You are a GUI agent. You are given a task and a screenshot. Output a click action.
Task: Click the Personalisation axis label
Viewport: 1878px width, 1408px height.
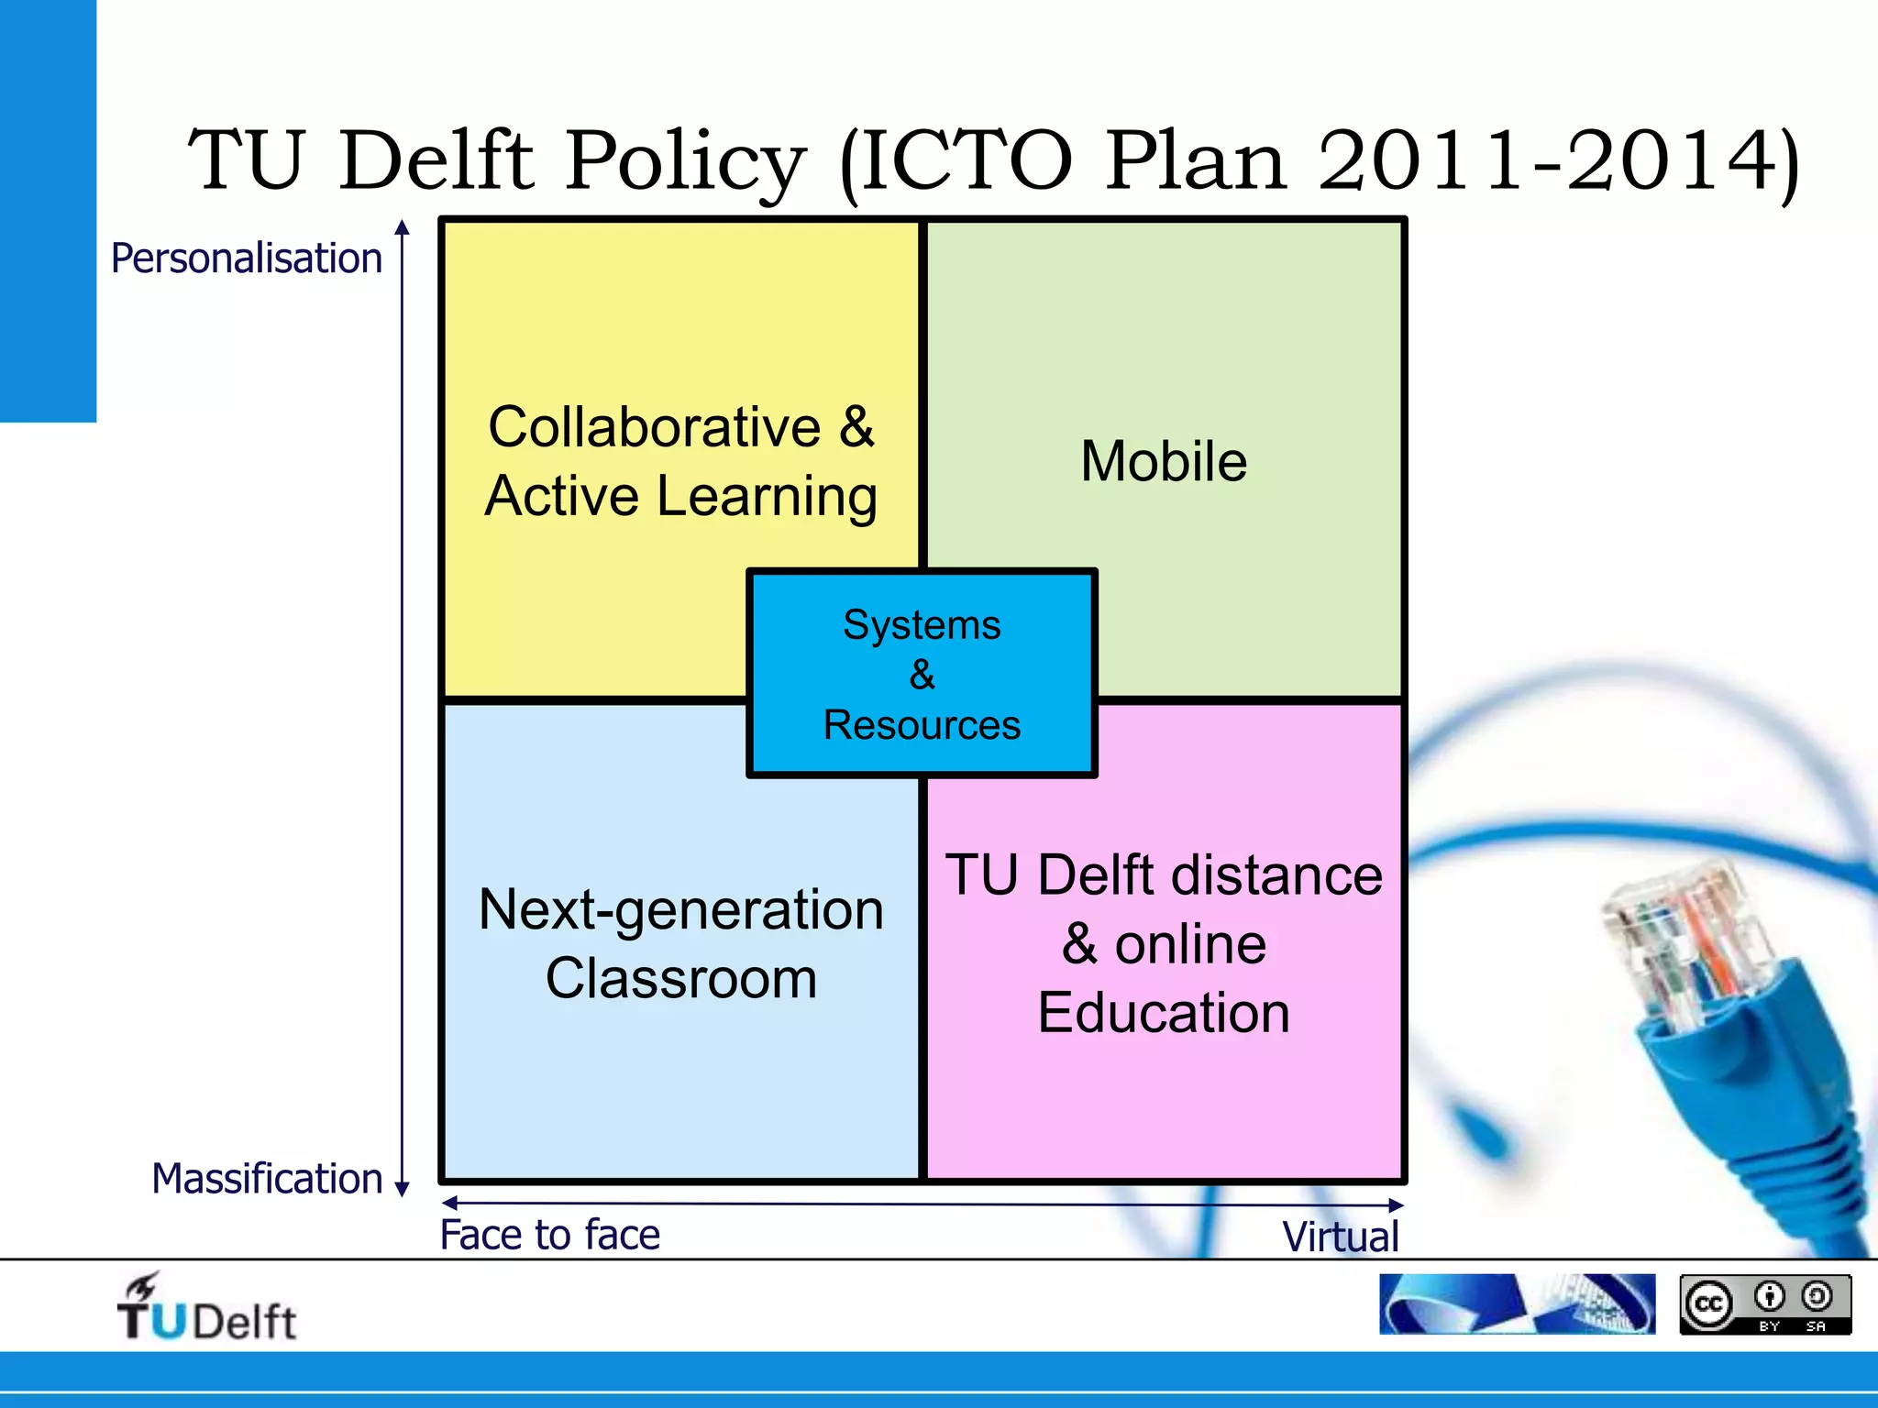coord(246,258)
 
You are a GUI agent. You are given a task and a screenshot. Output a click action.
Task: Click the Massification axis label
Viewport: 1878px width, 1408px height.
coord(267,1179)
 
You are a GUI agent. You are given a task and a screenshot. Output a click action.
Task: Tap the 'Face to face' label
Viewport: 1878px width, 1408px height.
coord(550,1235)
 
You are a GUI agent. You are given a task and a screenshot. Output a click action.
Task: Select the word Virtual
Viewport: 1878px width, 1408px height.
coord(1341,1237)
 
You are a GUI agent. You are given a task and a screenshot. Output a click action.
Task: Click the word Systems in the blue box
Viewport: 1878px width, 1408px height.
coord(922,625)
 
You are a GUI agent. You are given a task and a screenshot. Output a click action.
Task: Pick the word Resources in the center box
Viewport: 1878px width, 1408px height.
coord(922,725)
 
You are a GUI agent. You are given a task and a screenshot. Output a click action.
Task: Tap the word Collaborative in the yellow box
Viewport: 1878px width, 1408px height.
coord(654,427)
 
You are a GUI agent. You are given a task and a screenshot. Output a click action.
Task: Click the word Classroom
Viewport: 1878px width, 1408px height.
coord(681,978)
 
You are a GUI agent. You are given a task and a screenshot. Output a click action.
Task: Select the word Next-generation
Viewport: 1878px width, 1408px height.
coord(681,909)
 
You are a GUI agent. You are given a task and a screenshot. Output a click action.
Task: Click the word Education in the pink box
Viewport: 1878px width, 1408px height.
coord(1164,1013)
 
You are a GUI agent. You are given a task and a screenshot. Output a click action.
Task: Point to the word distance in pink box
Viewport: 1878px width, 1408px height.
coord(1276,874)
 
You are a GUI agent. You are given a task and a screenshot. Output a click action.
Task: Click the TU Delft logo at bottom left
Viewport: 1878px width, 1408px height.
coord(205,1309)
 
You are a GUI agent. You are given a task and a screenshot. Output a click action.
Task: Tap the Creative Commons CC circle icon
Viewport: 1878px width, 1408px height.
coord(1708,1303)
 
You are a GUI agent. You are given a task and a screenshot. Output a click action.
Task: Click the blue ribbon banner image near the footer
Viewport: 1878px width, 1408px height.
coord(1517,1303)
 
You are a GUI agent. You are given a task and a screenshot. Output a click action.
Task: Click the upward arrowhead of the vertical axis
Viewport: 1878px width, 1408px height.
coord(402,227)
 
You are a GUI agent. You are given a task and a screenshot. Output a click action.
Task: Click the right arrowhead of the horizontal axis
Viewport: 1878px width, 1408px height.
coord(1396,1204)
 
